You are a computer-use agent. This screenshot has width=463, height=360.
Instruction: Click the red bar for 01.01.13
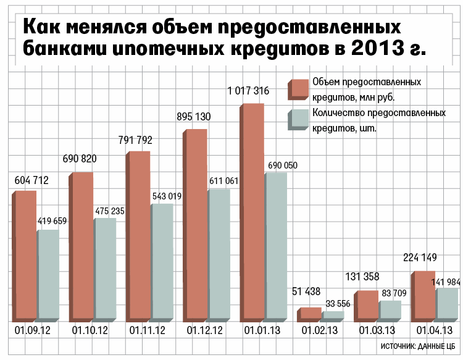click(x=252, y=213)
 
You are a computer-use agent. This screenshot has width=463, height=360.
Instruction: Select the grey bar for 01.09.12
click(x=49, y=276)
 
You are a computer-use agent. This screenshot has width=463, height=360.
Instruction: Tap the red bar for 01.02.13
click(x=309, y=314)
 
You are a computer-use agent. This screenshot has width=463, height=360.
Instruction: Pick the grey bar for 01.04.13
click(x=446, y=305)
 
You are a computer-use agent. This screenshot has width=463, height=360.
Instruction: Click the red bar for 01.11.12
click(x=138, y=237)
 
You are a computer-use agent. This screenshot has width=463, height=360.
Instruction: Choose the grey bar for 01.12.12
click(x=219, y=255)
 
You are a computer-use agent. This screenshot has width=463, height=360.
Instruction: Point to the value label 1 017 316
click(x=248, y=91)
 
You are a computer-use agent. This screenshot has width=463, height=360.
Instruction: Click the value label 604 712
click(x=31, y=180)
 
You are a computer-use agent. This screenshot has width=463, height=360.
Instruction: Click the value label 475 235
click(x=110, y=211)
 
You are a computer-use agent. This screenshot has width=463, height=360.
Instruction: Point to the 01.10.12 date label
click(x=90, y=332)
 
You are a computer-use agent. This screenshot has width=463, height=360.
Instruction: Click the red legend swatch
click(x=299, y=89)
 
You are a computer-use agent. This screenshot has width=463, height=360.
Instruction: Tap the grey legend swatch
click(x=299, y=119)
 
